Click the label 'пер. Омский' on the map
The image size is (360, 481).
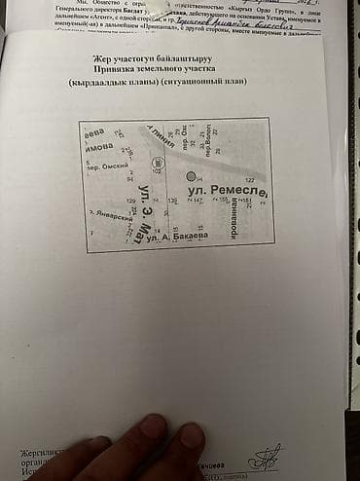click(104, 167)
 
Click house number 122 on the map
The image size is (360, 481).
click(249, 180)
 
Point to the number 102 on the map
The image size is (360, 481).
click(156, 171)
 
